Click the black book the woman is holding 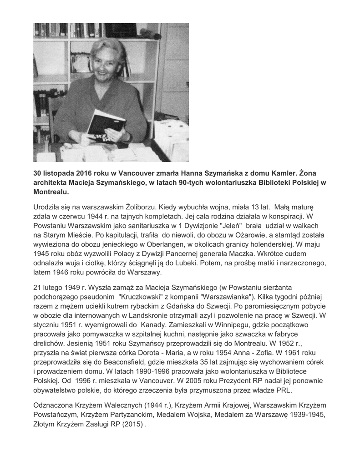106,123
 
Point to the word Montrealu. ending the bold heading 51,192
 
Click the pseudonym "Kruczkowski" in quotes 143,296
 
